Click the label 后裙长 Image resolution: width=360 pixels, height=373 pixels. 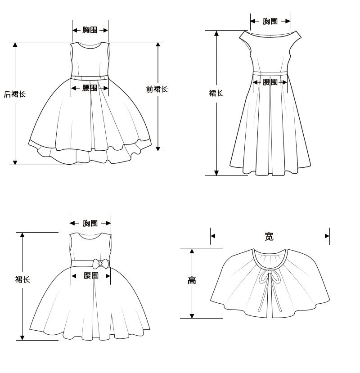tap(15, 94)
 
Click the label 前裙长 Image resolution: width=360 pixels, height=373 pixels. tap(157, 89)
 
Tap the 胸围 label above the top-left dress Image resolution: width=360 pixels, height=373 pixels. tap(90, 30)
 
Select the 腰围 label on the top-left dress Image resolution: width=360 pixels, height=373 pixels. tap(90, 88)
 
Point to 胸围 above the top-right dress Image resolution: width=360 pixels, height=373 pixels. tap(270, 21)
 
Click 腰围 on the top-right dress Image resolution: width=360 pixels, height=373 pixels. tap(270, 82)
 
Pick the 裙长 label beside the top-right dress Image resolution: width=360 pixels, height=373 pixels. tap(216, 93)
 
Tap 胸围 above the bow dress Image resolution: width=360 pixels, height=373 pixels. tap(90, 223)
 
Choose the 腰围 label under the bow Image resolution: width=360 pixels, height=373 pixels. tap(91, 275)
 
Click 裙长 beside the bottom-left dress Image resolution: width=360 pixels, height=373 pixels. tap(22, 279)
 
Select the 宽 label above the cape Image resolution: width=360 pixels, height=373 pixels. tap(269, 236)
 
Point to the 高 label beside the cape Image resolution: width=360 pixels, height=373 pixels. tap(192, 280)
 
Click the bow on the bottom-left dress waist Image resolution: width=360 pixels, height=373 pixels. tap(100, 264)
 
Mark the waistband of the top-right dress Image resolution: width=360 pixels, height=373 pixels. tap(270, 72)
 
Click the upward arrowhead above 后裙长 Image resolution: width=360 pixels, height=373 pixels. tap(15, 45)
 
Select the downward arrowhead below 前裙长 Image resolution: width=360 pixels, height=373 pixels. tap(157, 148)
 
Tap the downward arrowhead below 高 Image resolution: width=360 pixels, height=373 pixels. tap(192, 315)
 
